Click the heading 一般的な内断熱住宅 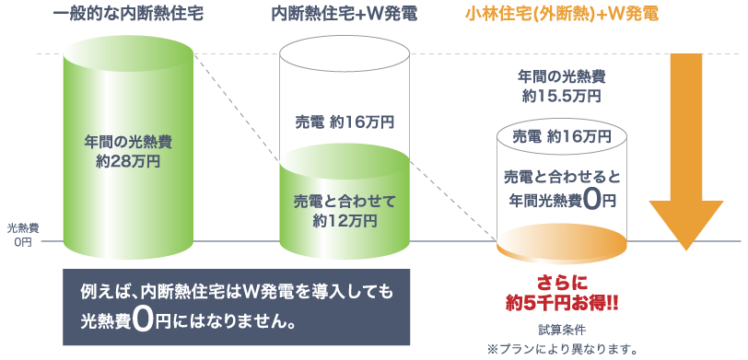(128, 14)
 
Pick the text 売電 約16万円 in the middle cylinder (343, 122)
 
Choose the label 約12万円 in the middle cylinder (344, 220)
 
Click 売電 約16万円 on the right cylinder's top (561, 136)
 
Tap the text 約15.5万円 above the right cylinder (561, 95)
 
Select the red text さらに (561, 282)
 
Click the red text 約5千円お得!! (561, 302)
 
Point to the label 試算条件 (561, 328)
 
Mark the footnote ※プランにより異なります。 (561, 349)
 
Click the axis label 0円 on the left (22, 242)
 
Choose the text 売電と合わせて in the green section (344, 201)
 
